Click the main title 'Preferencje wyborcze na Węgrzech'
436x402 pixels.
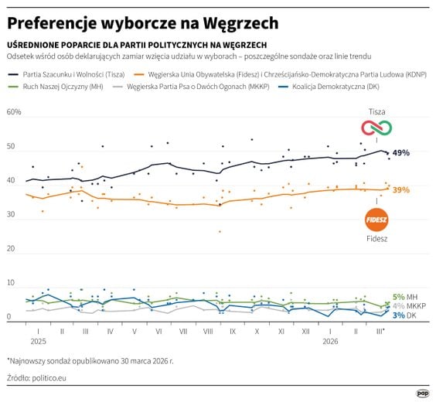pos(143,23)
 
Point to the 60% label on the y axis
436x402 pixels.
pos(14,113)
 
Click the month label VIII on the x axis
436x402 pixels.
pos(207,330)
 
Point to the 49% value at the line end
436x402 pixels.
pos(400,153)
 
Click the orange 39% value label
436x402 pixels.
pos(400,189)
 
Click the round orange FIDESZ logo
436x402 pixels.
pos(376,219)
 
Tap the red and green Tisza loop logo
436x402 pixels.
pos(377,128)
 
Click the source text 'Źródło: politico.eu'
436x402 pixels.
pos(39,377)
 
